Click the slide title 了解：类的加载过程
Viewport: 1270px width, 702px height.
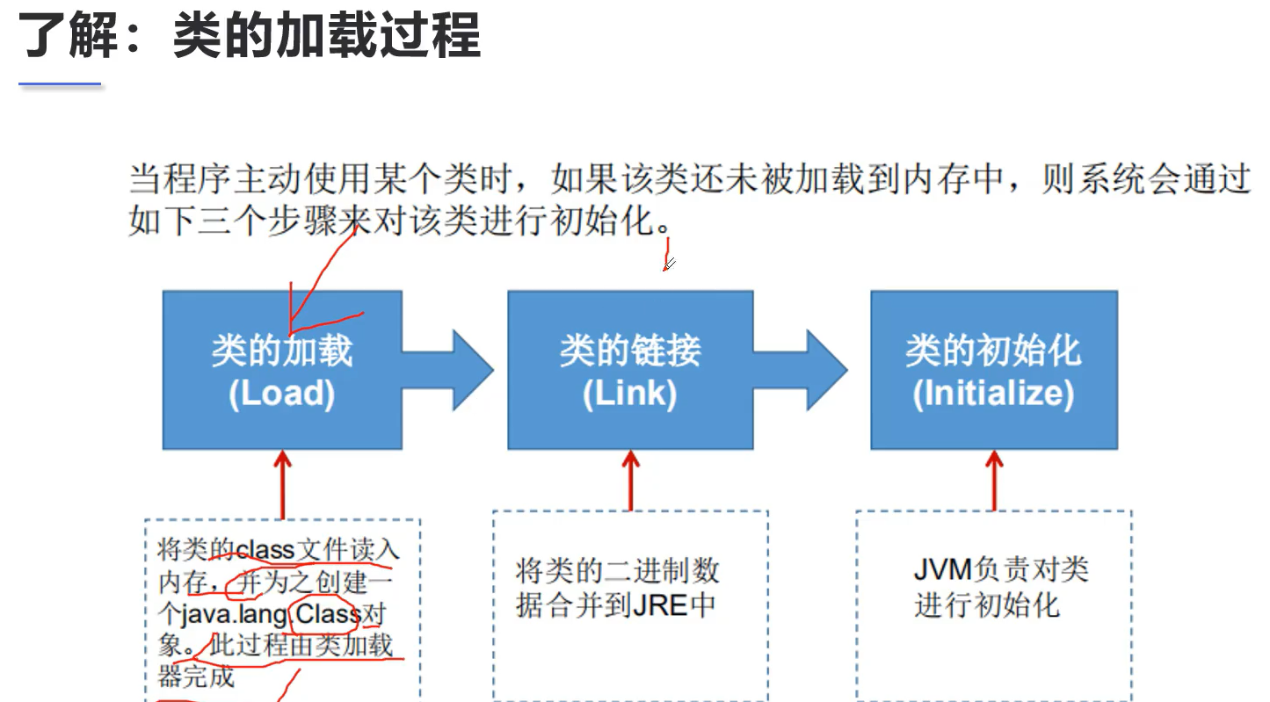pos(250,37)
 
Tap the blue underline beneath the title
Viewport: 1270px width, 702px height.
pos(61,84)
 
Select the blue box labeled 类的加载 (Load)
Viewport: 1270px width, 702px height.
pos(282,369)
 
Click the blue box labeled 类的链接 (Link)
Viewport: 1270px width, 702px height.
pos(629,369)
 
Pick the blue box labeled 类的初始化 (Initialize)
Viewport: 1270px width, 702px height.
pos(993,369)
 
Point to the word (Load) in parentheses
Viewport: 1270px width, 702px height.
pos(282,394)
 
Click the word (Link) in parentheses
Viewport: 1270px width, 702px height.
pos(629,394)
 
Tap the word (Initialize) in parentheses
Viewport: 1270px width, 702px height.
pos(993,394)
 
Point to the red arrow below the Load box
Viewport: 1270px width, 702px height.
pos(282,483)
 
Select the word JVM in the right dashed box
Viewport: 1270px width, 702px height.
pos(941,569)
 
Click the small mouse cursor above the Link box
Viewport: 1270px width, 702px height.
pos(668,263)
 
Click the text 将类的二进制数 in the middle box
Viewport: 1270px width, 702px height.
pos(617,571)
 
